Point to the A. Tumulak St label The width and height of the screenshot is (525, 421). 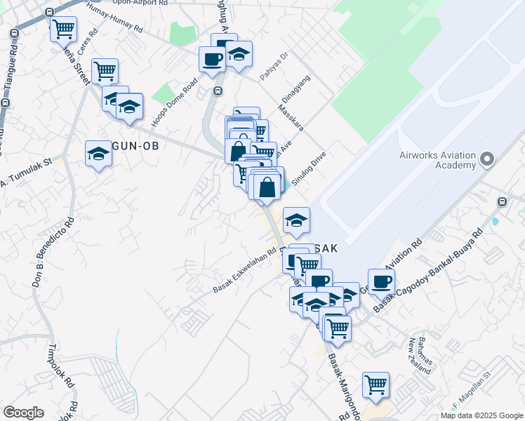(x=27, y=173)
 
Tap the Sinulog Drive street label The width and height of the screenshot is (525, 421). (x=310, y=162)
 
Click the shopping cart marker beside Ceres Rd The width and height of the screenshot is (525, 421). (x=105, y=70)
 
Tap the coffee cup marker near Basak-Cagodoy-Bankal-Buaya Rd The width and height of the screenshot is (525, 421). (x=381, y=281)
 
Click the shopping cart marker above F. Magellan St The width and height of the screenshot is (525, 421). (x=376, y=385)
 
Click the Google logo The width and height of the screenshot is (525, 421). (x=23, y=413)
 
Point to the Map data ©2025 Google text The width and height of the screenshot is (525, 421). (x=481, y=415)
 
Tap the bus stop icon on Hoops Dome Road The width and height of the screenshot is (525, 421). (x=218, y=91)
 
